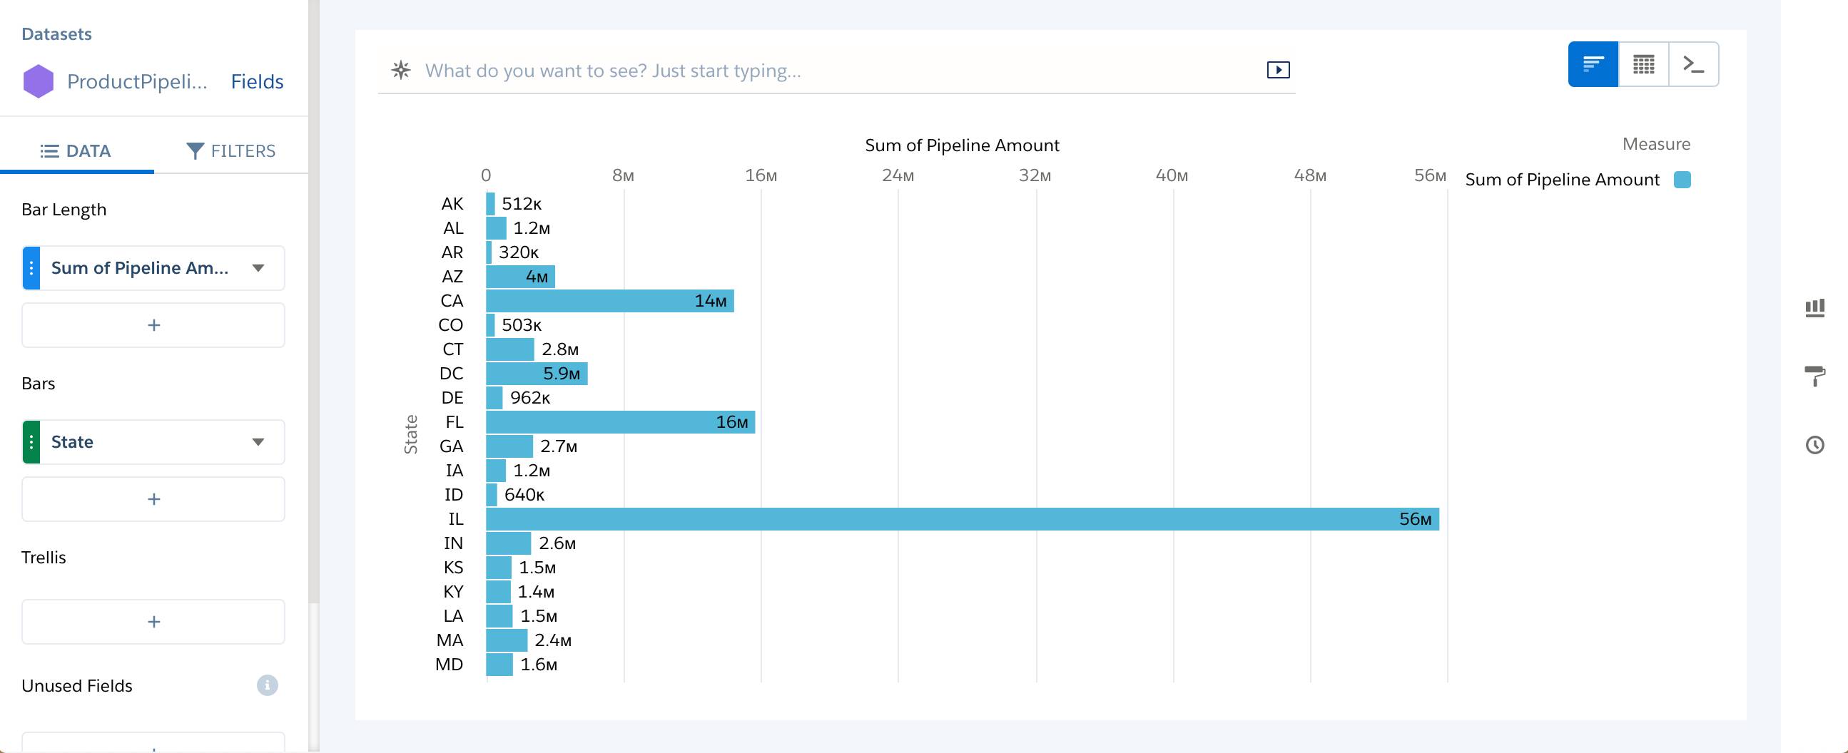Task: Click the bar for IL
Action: (961, 519)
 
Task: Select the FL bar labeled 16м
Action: (620, 422)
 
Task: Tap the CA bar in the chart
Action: (610, 301)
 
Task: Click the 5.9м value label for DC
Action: (561, 374)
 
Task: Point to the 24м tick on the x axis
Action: (898, 175)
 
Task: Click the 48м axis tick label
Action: (1309, 175)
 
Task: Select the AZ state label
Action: (452, 277)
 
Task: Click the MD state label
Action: (449, 665)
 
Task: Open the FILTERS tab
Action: (231, 151)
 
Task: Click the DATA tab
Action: (76, 151)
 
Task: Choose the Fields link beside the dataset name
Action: (257, 82)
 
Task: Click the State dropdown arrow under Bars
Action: (258, 442)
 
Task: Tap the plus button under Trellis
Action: (153, 622)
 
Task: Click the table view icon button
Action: (1643, 65)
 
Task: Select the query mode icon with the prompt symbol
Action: (1693, 65)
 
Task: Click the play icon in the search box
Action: (1278, 71)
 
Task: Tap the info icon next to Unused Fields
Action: (267, 685)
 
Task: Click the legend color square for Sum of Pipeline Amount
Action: (1682, 180)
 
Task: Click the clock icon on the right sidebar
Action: (1814, 446)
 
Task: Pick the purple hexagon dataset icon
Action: (39, 82)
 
